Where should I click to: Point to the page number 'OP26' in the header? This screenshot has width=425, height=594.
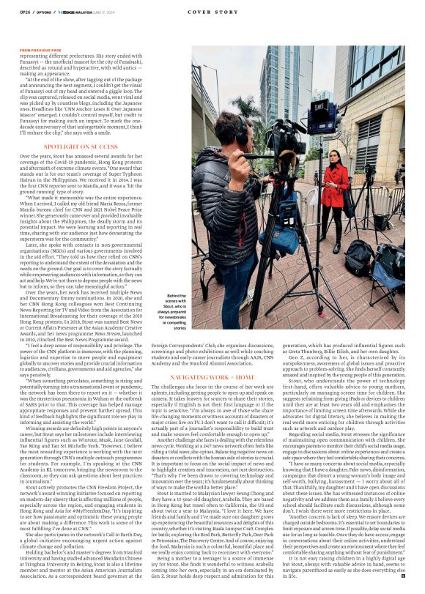[24, 12]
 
